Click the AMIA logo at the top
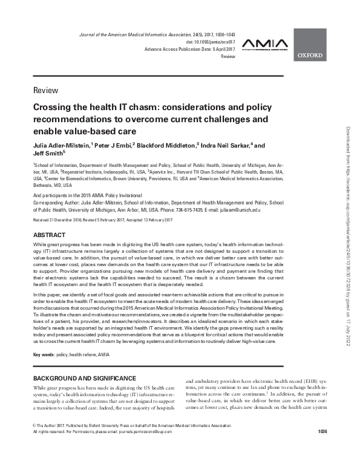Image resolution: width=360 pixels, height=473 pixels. pos(262,44)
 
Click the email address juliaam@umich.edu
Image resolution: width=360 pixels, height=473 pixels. pos(240,209)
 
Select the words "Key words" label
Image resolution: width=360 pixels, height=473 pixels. pos(45,354)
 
